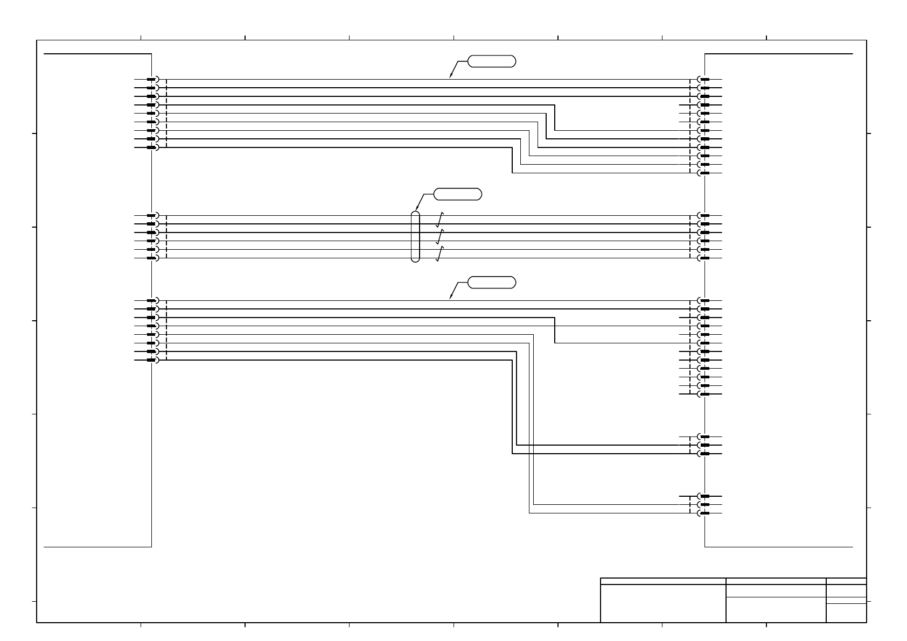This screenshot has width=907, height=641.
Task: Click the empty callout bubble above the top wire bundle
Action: point(491,61)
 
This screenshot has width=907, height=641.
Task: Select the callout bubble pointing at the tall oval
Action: point(457,194)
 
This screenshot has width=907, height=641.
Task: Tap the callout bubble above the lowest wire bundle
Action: point(491,282)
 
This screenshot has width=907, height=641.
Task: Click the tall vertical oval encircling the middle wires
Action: point(415,237)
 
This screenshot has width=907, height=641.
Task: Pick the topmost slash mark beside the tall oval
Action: point(439,219)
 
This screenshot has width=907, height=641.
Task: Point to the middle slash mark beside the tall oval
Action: point(439,237)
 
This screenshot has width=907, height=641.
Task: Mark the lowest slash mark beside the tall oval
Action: point(439,254)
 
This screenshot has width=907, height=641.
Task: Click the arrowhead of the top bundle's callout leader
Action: point(451,77)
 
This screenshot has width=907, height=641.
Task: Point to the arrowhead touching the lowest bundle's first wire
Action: point(451,298)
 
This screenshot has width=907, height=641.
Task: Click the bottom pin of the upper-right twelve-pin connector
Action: point(703,173)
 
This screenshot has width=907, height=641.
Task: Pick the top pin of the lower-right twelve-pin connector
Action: point(703,300)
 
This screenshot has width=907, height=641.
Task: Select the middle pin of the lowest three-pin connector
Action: point(703,505)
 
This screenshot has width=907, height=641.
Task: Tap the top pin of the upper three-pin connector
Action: point(703,436)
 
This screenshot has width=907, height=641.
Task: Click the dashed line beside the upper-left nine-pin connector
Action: point(167,114)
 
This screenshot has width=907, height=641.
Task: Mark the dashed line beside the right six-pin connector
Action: point(690,237)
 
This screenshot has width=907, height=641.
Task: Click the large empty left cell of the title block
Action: point(662,603)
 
